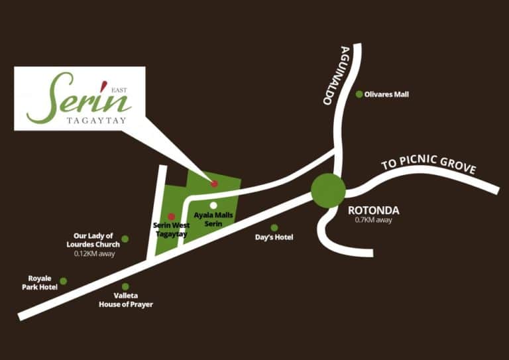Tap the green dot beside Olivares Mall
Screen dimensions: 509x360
tap(359, 94)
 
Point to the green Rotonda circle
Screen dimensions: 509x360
tap(328, 190)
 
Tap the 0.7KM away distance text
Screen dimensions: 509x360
tap(374, 220)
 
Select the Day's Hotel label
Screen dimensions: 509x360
tap(274, 237)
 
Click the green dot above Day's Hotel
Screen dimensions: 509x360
tap(274, 227)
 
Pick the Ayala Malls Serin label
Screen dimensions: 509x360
tap(213, 219)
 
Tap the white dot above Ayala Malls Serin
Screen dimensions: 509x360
tap(213, 206)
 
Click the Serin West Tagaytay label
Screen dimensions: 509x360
tap(172, 229)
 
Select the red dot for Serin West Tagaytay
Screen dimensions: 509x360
tap(171, 216)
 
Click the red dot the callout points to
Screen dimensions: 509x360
tap(214, 184)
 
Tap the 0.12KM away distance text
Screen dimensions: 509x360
tap(95, 254)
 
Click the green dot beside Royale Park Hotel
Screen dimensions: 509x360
tap(64, 281)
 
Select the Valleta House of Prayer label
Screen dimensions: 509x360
tap(126, 300)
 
